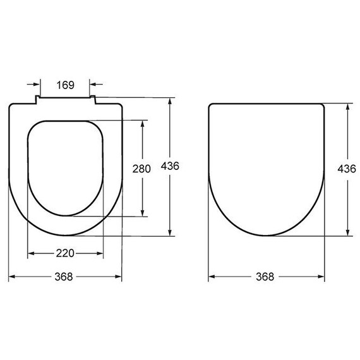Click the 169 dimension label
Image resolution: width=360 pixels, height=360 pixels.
tap(66, 85)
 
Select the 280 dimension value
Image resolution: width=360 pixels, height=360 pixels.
tap(141, 169)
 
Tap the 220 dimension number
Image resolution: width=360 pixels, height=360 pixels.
tap(65, 253)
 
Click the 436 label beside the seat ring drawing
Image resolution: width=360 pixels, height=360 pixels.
tap(170, 166)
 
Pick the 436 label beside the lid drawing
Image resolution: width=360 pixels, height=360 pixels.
tap(347, 169)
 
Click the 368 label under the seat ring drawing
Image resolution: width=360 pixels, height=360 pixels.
tap(64, 277)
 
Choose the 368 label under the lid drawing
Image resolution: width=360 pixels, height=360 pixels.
tap(265, 277)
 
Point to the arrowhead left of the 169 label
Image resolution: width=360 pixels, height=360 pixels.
tap(37, 84)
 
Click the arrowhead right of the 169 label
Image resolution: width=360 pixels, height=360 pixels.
tap(93, 84)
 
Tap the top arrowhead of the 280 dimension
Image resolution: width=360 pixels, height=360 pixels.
tap(143, 124)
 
